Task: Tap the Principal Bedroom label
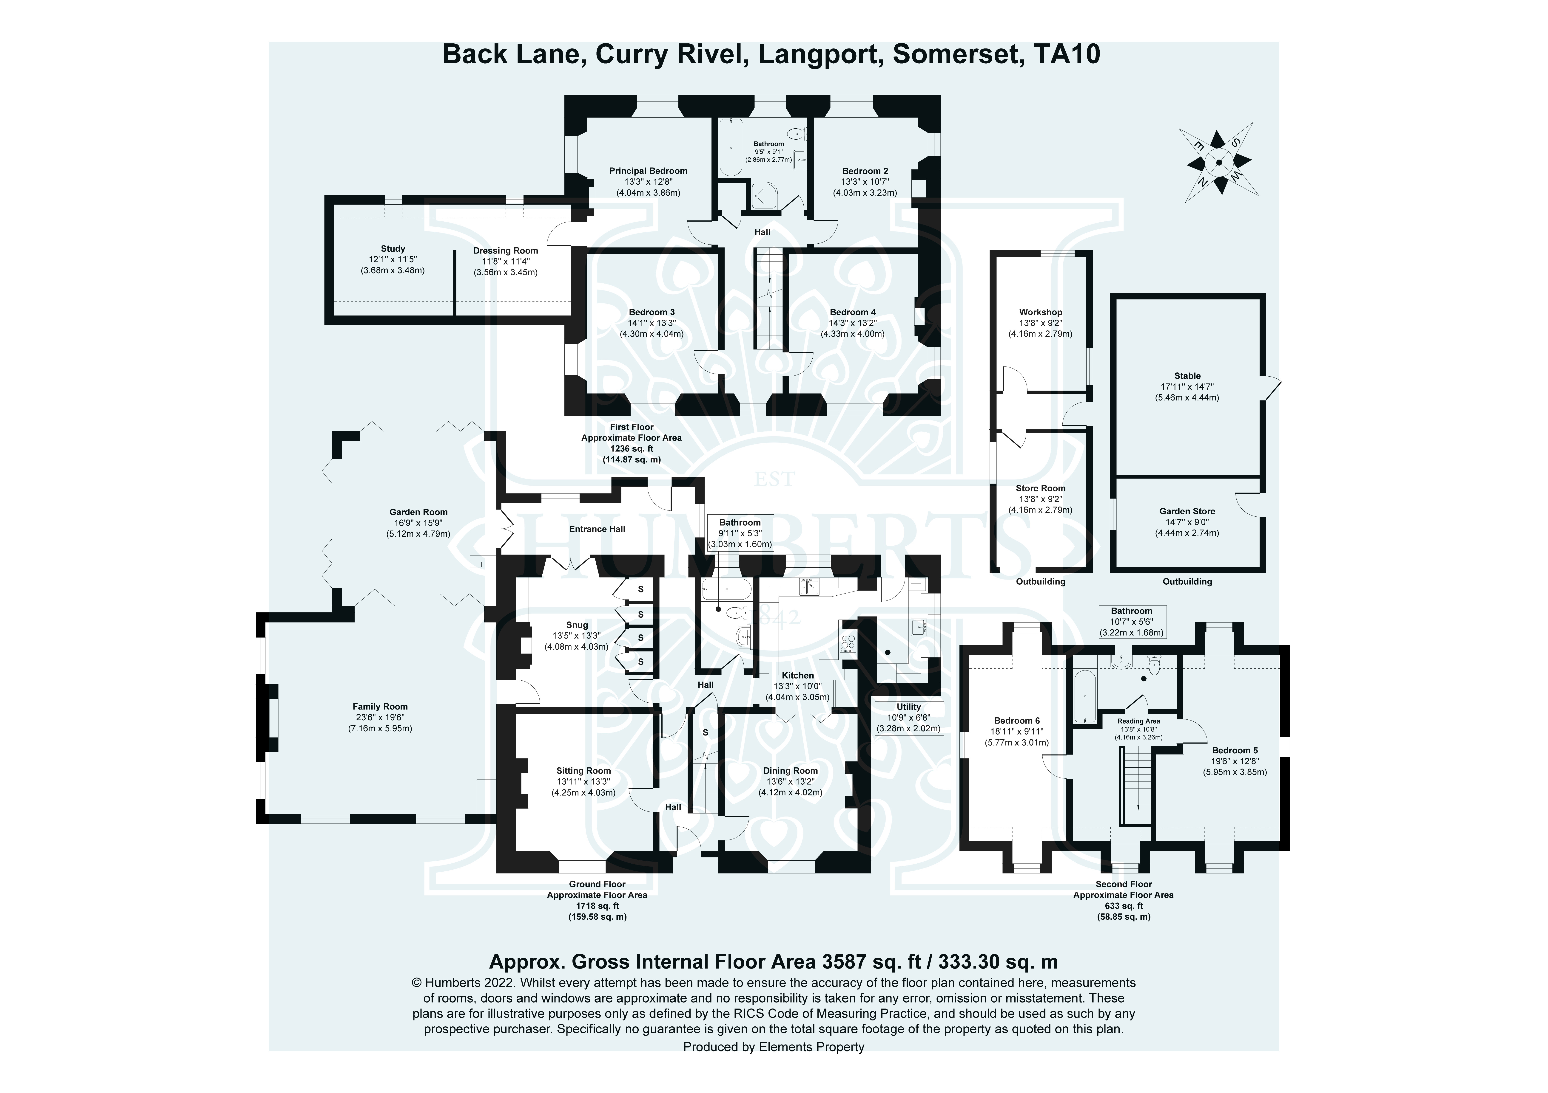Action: click(x=648, y=171)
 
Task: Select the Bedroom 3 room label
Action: click(x=651, y=312)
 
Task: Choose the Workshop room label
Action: click(x=1040, y=312)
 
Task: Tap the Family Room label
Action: click(x=380, y=707)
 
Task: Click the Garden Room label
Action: click(x=418, y=512)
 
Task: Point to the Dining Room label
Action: click(x=790, y=771)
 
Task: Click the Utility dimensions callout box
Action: click(x=908, y=718)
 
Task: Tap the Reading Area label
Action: click(x=1138, y=721)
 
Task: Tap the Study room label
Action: click(x=392, y=249)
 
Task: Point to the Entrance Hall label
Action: click(x=597, y=529)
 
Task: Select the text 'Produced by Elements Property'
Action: click(x=773, y=1047)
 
